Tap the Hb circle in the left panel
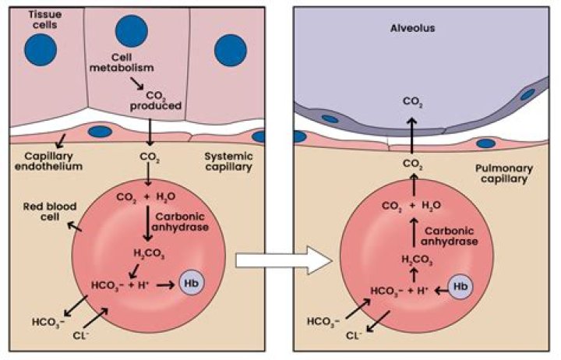point(191,281)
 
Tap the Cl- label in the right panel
point(355,336)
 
